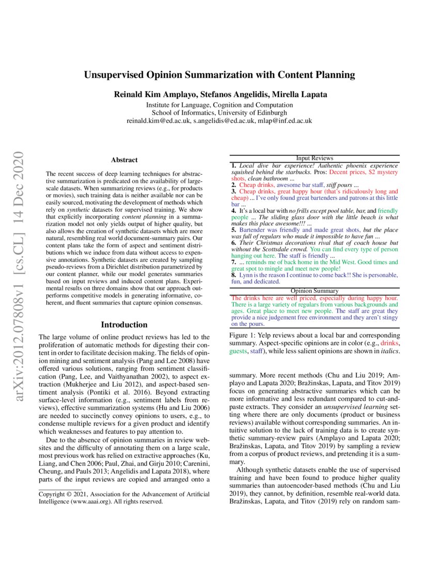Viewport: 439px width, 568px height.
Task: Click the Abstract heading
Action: click(x=124, y=161)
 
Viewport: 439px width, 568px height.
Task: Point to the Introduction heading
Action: click(x=124, y=325)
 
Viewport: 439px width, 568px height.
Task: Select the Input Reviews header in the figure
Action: click(x=315, y=158)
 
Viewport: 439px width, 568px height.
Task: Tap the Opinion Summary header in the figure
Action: click(x=315, y=291)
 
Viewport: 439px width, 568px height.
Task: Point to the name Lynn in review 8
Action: click(x=247, y=275)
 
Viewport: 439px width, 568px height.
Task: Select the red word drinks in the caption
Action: click(x=390, y=343)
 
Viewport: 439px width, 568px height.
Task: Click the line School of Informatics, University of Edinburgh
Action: click(x=219, y=113)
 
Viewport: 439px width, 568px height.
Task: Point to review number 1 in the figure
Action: click(x=234, y=164)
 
